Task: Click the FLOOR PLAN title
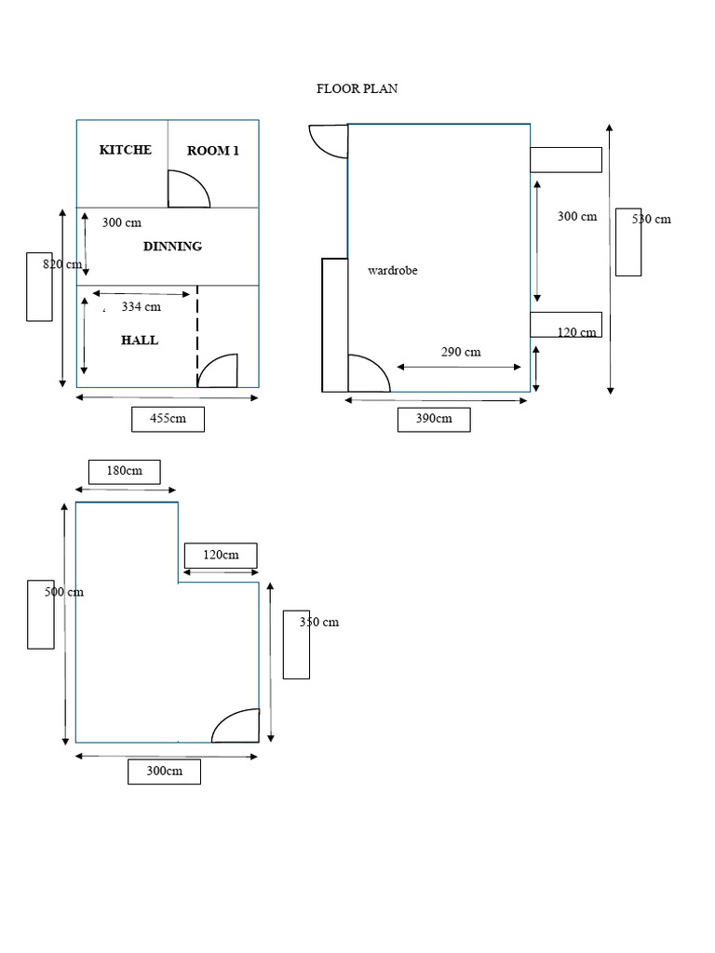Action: tap(357, 89)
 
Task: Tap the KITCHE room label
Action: tap(125, 150)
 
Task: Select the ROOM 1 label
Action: tap(213, 151)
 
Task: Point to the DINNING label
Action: tap(172, 247)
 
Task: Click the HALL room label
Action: tap(140, 341)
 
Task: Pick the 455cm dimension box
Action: tap(168, 420)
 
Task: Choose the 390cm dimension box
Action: tap(434, 420)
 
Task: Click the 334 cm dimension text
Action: tap(141, 306)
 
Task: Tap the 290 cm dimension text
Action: tap(461, 352)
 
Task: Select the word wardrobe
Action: tap(393, 271)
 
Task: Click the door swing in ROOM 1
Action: tap(187, 189)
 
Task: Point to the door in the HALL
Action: tap(218, 370)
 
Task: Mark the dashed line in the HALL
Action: tap(197, 335)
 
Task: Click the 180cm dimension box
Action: tap(124, 471)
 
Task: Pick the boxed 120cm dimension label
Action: tap(221, 556)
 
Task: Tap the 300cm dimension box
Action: tap(164, 772)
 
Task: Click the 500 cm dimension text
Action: tap(64, 592)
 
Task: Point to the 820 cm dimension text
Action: tap(62, 264)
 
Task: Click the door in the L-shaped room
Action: tap(236, 727)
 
